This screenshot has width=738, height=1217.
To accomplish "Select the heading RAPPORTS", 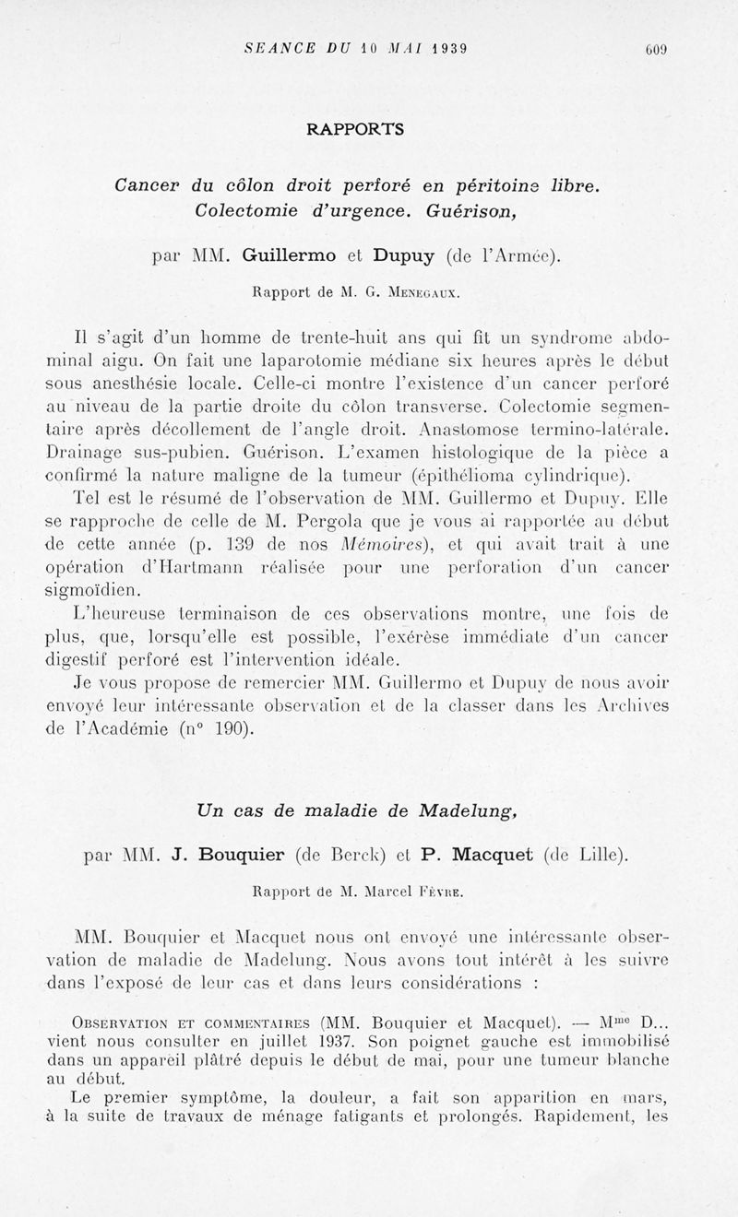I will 355,129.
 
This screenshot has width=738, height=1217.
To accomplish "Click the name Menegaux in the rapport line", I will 427,294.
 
